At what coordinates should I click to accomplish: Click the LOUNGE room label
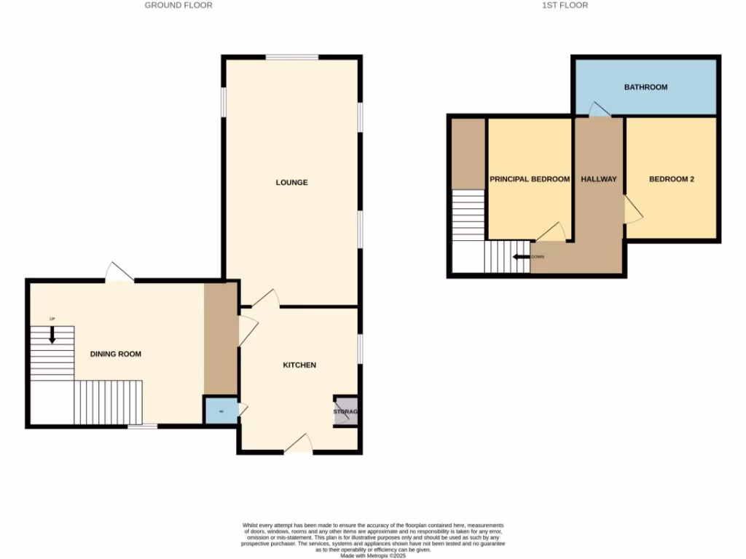tap(291, 182)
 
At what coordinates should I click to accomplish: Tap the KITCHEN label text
tap(299, 365)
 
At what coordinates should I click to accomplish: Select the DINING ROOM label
tap(115, 354)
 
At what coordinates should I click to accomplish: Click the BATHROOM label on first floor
tap(645, 87)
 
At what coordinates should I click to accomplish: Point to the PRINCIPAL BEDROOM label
tap(529, 179)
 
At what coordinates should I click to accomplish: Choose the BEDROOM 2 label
tap(672, 179)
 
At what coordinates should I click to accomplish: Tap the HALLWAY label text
tap(599, 179)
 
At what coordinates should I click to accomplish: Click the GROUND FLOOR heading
tap(178, 5)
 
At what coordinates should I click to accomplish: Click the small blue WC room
tap(221, 411)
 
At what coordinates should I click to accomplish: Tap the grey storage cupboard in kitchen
tap(345, 412)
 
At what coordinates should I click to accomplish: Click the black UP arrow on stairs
tap(52, 334)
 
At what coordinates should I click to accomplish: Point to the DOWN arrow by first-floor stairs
tap(522, 257)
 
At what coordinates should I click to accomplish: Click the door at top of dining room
tap(119, 272)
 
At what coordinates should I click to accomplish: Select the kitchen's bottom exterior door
tap(299, 443)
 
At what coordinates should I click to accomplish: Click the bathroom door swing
tap(600, 110)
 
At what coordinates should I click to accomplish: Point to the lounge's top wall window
tap(291, 58)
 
